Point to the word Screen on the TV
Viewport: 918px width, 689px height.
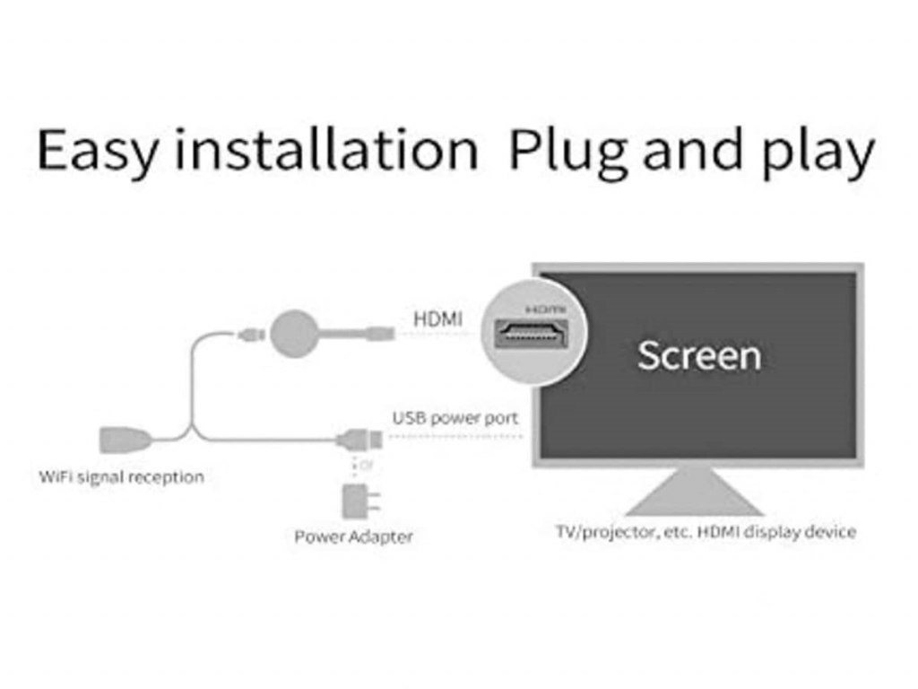point(699,355)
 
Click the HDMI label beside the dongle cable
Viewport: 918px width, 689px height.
point(439,318)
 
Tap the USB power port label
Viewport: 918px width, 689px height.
point(455,417)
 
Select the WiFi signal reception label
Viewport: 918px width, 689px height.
point(121,476)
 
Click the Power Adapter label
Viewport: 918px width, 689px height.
point(354,536)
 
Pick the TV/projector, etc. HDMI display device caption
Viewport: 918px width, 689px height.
point(706,531)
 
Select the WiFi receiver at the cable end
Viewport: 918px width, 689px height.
point(124,440)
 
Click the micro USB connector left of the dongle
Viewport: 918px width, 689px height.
point(250,336)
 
